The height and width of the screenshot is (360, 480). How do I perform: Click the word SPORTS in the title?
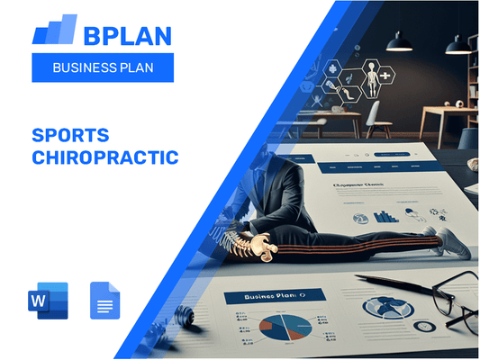point(70,136)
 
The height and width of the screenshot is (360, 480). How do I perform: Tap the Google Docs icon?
point(105,301)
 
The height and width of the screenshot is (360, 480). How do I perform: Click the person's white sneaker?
point(451,242)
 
